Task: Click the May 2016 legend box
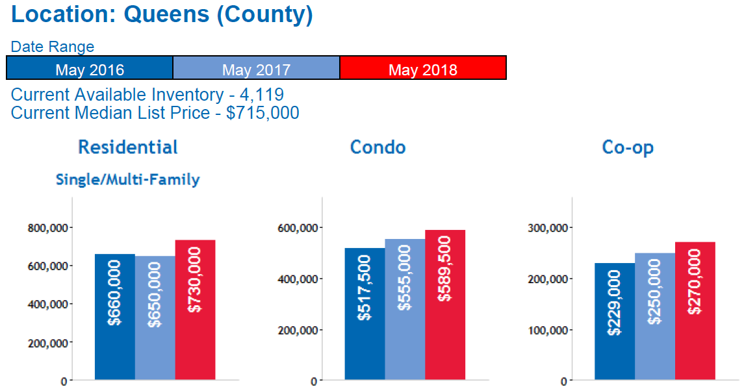90,68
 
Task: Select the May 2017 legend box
256,68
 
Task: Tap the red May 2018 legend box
423,68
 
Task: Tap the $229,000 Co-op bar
615,321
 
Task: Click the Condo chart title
378,147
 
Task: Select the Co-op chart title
628,147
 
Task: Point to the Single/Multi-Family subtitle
128,180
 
